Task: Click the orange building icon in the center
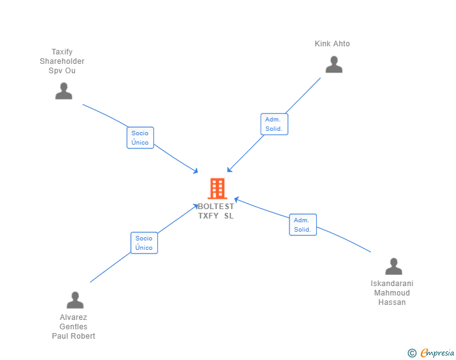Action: click(x=217, y=188)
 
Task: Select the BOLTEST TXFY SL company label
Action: click(x=216, y=211)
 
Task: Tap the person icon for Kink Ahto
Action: click(x=334, y=64)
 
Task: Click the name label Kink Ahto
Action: click(x=332, y=44)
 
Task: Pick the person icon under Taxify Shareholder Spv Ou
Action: click(x=63, y=91)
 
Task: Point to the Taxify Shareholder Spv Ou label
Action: click(x=62, y=61)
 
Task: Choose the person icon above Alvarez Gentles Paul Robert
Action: click(x=75, y=300)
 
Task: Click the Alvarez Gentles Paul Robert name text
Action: click(x=73, y=327)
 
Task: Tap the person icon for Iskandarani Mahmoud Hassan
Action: click(x=393, y=267)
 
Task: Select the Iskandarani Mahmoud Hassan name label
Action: click(x=392, y=293)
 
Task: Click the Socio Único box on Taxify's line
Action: click(x=140, y=138)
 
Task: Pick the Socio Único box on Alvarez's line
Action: click(x=144, y=242)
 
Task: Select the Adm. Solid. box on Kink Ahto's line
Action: click(x=274, y=124)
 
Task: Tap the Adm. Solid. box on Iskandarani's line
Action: click(x=303, y=225)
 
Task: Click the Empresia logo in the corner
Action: click(x=437, y=353)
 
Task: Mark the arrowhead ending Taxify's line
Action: click(x=196, y=172)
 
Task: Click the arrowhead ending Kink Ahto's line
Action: click(x=229, y=170)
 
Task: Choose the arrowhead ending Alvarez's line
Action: click(x=196, y=206)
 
